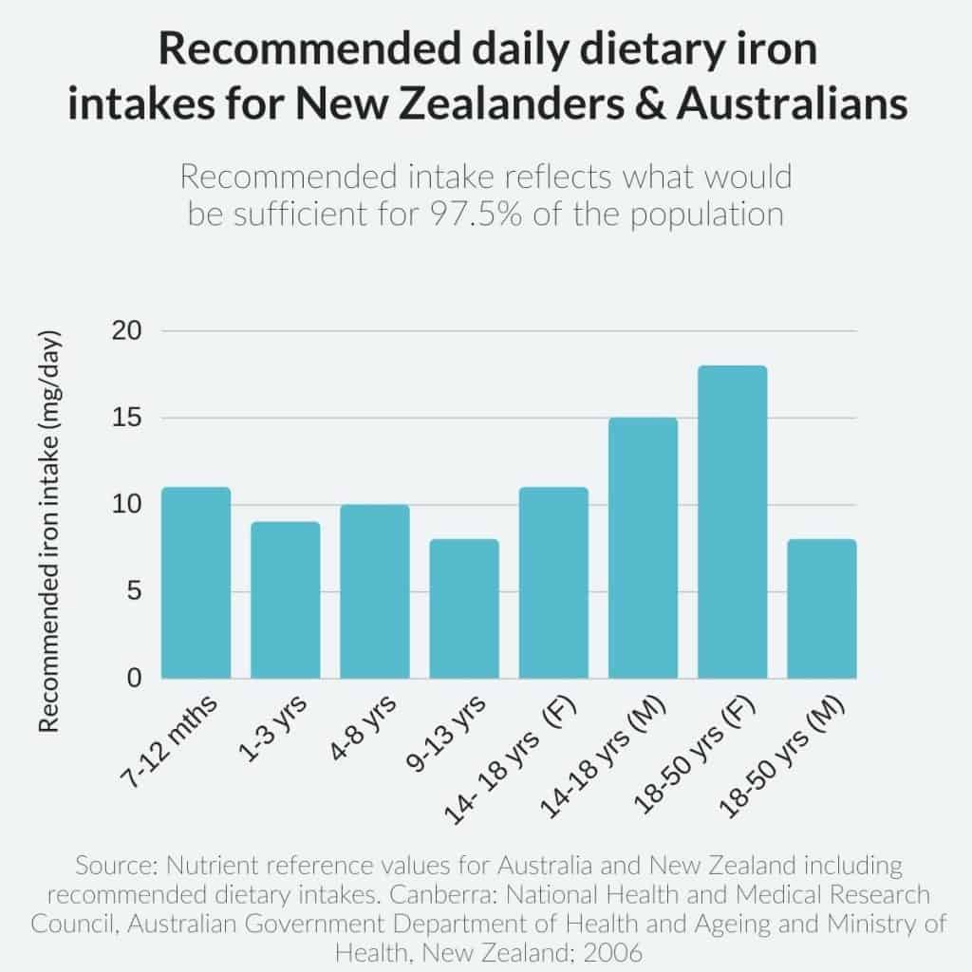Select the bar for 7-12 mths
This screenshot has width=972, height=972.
click(x=196, y=584)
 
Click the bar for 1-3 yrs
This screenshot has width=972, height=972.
click(x=286, y=601)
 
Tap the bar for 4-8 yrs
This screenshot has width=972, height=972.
click(x=375, y=592)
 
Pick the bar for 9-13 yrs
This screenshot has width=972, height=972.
click(x=464, y=609)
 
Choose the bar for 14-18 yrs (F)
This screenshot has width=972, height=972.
click(x=553, y=584)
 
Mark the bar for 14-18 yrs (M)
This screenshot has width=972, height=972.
click(x=643, y=549)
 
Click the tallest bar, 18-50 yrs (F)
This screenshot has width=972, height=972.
click(x=732, y=522)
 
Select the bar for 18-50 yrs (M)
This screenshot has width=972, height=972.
click(x=821, y=609)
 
